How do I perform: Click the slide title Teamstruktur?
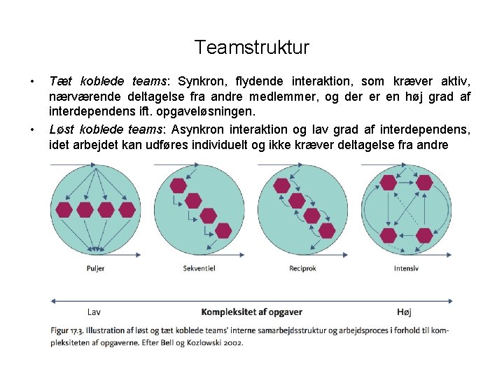(x=251, y=48)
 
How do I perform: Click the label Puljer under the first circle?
(x=95, y=269)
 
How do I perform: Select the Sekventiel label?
(x=199, y=269)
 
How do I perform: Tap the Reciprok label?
(x=301, y=269)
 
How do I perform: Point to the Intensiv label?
(x=406, y=269)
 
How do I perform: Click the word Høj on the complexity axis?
(x=404, y=311)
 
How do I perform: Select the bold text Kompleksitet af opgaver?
(x=251, y=311)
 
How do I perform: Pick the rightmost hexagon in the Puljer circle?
(x=127, y=209)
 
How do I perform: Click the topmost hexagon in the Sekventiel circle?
(x=178, y=185)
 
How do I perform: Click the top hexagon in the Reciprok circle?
(x=281, y=185)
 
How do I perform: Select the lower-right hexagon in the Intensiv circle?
(x=423, y=235)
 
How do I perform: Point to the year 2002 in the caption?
(x=232, y=343)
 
